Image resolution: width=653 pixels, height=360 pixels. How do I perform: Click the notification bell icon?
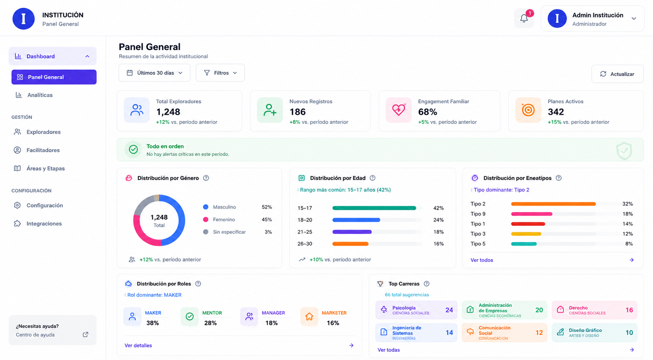(524, 18)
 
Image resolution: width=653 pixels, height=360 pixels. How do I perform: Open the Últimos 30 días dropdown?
(155, 73)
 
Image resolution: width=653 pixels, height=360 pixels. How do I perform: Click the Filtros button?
(220, 73)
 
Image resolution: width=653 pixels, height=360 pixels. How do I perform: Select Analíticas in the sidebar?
(40, 95)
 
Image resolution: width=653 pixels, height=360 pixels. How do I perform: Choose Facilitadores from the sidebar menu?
(43, 150)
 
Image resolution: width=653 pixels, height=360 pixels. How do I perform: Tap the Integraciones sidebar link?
(44, 224)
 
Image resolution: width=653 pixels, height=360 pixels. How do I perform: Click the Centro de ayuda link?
(35, 335)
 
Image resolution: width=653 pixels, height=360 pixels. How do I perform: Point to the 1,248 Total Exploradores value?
(168, 112)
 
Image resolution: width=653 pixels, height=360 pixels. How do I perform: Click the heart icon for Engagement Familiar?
(398, 110)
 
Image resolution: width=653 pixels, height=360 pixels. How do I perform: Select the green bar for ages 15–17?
(374, 208)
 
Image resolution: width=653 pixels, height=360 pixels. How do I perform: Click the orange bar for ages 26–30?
(351, 244)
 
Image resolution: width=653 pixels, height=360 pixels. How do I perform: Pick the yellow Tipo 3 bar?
(526, 234)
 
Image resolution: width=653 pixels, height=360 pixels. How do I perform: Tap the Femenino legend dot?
(206, 220)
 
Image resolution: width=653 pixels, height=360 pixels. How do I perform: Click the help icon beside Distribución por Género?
(206, 178)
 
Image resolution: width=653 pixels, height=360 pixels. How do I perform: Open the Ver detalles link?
(138, 345)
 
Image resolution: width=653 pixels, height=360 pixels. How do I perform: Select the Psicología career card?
(416, 310)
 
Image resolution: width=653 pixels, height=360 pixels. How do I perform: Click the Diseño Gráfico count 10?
(629, 333)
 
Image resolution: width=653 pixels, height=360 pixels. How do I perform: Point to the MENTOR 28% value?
(210, 323)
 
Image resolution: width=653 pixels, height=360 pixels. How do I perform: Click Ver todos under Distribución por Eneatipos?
(482, 260)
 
